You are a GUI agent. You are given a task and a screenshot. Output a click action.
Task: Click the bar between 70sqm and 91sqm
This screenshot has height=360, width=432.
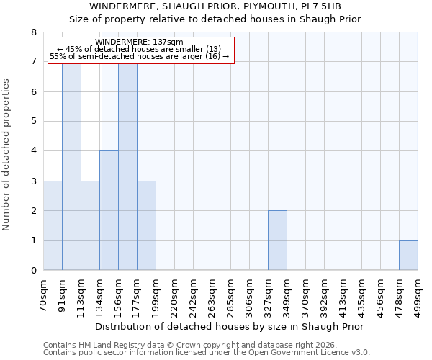tap(53, 225)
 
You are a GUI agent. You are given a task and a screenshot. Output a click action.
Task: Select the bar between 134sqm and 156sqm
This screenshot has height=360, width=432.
tap(109, 210)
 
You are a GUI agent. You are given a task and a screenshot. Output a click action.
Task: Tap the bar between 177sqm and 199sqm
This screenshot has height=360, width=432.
tap(146, 225)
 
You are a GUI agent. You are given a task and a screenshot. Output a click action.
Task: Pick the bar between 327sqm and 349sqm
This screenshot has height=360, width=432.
tap(277, 240)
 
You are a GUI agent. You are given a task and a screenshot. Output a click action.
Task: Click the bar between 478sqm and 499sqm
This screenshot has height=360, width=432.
tap(408, 256)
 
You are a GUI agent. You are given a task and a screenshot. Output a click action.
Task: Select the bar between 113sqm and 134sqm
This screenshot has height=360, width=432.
tap(90, 225)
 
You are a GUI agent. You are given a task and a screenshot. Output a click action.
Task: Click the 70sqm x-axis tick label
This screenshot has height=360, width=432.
tap(44, 292)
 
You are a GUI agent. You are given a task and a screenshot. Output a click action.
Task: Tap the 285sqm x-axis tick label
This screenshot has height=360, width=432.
tap(231, 294)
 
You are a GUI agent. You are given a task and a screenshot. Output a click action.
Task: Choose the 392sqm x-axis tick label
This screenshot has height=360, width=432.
tap(325, 294)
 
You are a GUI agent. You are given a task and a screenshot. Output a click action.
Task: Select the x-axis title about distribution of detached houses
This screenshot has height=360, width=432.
tap(230, 327)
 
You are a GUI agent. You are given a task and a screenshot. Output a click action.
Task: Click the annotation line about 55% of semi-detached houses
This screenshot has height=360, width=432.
tap(139, 57)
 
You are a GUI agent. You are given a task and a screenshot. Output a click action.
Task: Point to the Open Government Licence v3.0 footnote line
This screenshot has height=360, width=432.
tap(207, 353)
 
